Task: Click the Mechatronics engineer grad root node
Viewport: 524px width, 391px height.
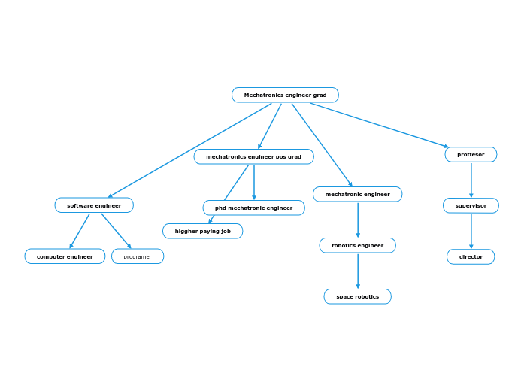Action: click(285, 95)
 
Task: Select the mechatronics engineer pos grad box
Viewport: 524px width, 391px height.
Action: click(253, 156)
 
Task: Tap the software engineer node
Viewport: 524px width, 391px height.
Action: click(94, 205)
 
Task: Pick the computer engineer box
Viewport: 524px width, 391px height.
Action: click(65, 256)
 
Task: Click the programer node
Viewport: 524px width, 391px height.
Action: click(138, 256)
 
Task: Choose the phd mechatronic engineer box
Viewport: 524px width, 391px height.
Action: click(253, 208)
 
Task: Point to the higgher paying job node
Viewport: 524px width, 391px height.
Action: click(202, 231)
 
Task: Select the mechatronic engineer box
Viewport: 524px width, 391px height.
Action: click(357, 194)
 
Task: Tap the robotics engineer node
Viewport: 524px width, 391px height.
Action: click(357, 245)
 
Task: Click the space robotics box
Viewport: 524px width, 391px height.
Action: click(357, 296)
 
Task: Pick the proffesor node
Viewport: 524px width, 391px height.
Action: click(471, 154)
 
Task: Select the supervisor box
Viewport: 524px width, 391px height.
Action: click(471, 205)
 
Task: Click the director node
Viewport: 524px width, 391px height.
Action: click(471, 256)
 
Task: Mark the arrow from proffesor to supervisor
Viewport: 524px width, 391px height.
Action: click(471, 180)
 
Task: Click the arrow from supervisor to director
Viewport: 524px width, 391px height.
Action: click(471, 231)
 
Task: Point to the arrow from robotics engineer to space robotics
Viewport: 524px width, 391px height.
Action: click(358, 271)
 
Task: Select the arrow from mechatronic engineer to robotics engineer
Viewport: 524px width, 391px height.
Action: click(358, 220)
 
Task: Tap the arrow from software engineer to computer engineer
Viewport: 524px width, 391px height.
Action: click(80, 231)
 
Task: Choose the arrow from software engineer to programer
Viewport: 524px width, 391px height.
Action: click(116, 231)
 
